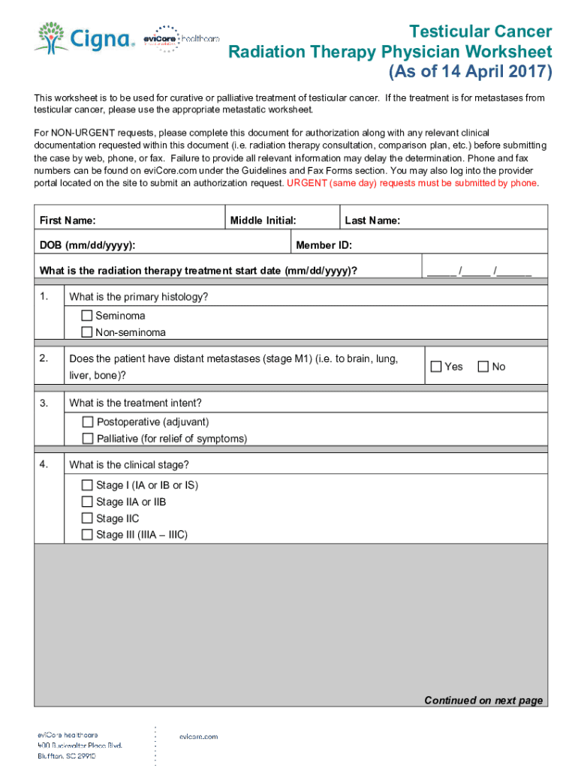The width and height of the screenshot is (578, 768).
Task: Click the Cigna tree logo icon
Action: pos(50,36)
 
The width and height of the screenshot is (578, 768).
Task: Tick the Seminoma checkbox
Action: pos(86,316)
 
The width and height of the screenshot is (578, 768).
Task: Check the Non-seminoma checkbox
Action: pos(86,332)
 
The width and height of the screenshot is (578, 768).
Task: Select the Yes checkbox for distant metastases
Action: pos(435,367)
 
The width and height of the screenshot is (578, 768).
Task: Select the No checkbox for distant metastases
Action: pos(483,367)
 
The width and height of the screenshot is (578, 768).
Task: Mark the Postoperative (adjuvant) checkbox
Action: pos(87,422)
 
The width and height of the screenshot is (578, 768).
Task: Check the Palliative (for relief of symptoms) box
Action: pos(87,439)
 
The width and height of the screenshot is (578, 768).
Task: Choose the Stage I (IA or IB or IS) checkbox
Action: pos(87,485)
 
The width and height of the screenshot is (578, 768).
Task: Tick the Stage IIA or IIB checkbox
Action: pos(87,502)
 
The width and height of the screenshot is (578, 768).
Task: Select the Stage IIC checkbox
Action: pos(87,518)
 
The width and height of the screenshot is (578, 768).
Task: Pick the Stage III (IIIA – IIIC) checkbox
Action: pos(87,535)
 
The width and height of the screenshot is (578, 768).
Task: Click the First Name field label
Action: pos(68,220)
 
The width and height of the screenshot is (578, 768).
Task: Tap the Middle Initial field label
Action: pos(263,220)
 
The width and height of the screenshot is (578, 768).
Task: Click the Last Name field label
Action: pos(372,220)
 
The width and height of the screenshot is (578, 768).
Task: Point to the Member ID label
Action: pos(324,245)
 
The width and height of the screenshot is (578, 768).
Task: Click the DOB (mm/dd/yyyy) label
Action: pos(88,245)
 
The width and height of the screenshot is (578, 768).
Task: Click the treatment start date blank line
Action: pos(480,271)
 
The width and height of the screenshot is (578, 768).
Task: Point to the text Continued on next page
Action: pos(483,700)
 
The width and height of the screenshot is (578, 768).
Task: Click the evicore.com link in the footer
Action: pos(198,736)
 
